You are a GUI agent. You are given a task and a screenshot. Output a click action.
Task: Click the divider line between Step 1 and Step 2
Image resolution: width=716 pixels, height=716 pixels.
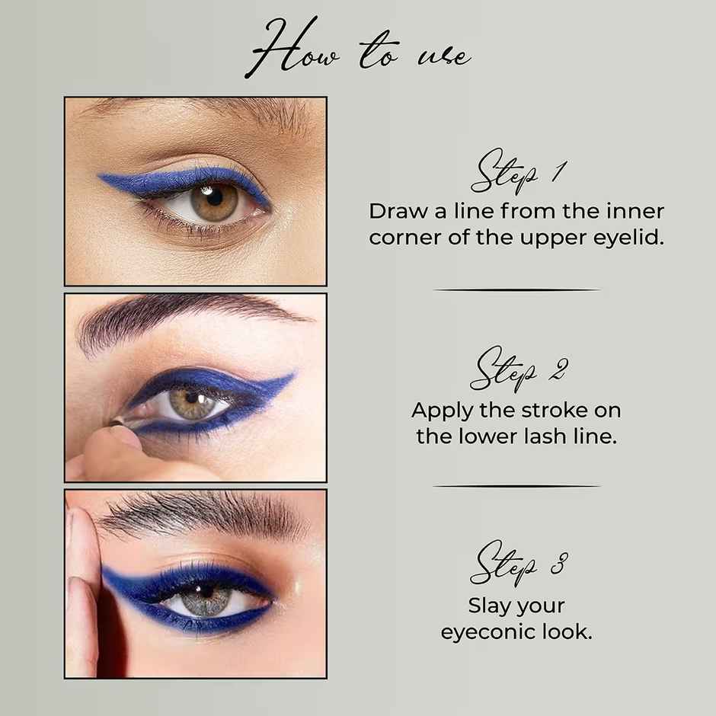coord(516,290)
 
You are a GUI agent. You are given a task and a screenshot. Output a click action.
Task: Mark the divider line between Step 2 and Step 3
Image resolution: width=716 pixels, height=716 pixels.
coord(516,486)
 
